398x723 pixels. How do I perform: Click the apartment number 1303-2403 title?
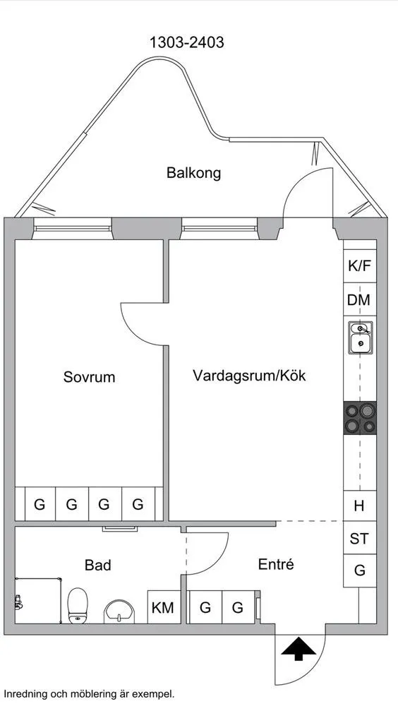click(x=186, y=42)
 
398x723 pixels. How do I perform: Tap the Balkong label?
click(x=193, y=172)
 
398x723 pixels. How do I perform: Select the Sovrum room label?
click(x=89, y=377)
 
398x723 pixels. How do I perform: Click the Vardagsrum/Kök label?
click(x=249, y=376)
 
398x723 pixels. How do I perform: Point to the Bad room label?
click(x=97, y=565)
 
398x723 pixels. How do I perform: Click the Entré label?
click(x=275, y=565)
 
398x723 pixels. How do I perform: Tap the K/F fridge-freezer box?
click(x=359, y=266)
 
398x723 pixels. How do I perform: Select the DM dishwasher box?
click(x=359, y=300)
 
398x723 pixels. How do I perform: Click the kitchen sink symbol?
click(x=360, y=337)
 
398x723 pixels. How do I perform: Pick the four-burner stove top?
click(x=360, y=417)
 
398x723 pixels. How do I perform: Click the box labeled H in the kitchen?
click(x=359, y=506)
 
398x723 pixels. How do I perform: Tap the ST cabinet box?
click(x=359, y=539)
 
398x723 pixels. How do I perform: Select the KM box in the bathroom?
click(x=163, y=607)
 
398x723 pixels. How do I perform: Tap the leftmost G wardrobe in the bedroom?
click(x=40, y=504)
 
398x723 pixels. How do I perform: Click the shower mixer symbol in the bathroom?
click(x=18, y=603)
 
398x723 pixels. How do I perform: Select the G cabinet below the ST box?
click(x=359, y=570)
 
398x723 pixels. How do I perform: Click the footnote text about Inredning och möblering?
click(x=89, y=694)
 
